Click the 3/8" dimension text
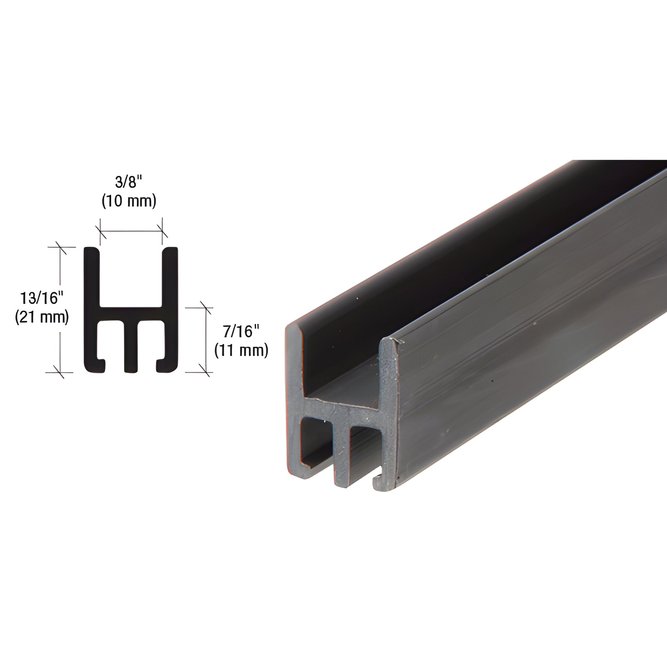click(129, 183)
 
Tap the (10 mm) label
click(129, 201)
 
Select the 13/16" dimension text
click(42, 298)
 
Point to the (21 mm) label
click(42, 317)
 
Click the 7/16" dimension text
click(241, 332)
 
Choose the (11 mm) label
click(241, 350)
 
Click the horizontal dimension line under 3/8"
click(131, 231)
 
